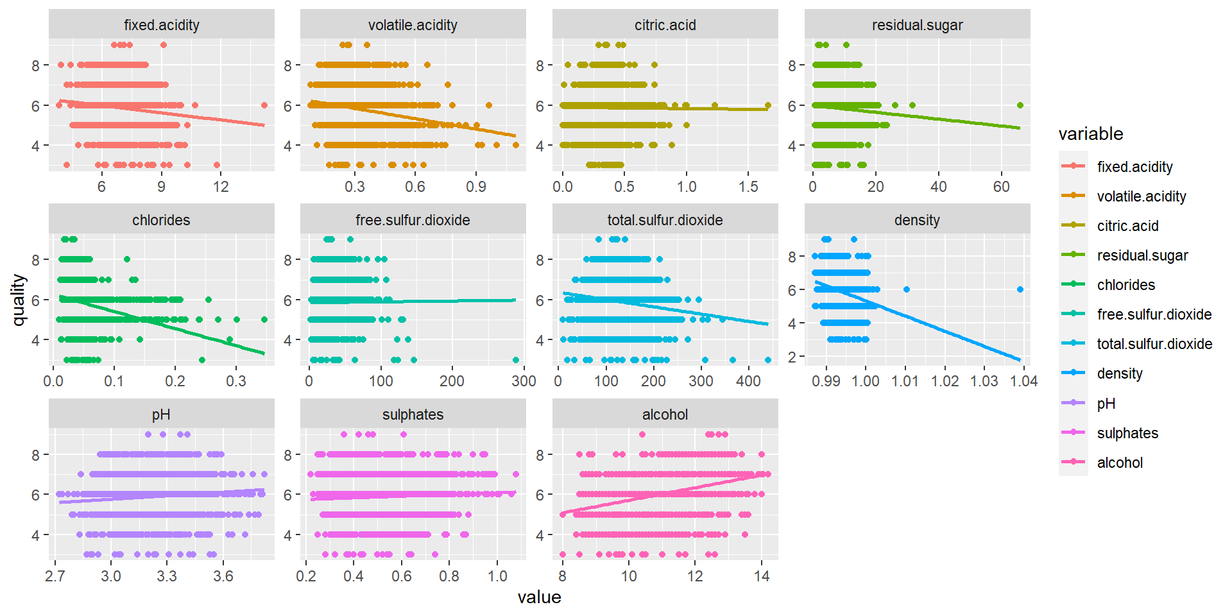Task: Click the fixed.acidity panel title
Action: pyautogui.click(x=161, y=25)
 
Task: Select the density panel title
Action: pyautogui.click(x=917, y=220)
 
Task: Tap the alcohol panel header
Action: pyautogui.click(x=665, y=415)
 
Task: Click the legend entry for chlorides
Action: pyautogui.click(x=1125, y=285)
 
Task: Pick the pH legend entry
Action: pyautogui.click(x=1106, y=404)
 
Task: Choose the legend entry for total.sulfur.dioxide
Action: pyautogui.click(x=1154, y=344)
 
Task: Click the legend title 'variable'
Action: pyautogui.click(x=1090, y=133)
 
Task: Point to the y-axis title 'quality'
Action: pyautogui.click(x=19, y=300)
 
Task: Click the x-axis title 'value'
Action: pyautogui.click(x=539, y=597)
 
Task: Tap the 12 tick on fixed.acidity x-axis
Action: pyautogui.click(x=221, y=187)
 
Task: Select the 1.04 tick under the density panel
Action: pyautogui.click(x=1023, y=381)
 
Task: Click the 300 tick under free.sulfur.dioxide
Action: pyautogui.click(x=524, y=381)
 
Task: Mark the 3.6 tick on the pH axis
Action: pyautogui.click(x=223, y=576)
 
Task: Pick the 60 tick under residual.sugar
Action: pyautogui.click(x=1001, y=187)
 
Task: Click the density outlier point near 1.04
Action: pyautogui.click(x=1020, y=289)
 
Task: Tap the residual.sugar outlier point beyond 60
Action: pyautogui.click(x=1020, y=105)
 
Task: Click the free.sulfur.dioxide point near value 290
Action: pyautogui.click(x=516, y=360)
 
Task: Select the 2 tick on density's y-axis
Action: pyautogui.click(x=792, y=357)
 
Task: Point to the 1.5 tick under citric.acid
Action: pyautogui.click(x=748, y=187)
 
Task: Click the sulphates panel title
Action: pyautogui.click(x=413, y=415)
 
